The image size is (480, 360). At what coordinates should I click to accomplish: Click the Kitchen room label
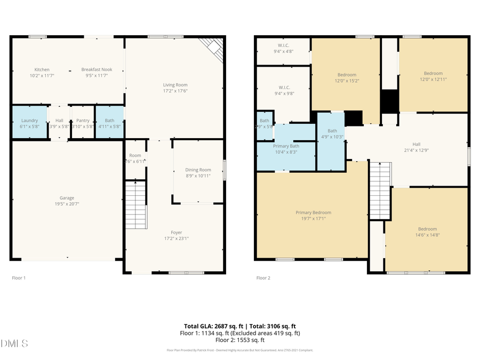click(42, 70)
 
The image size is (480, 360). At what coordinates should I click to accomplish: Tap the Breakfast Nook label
click(97, 70)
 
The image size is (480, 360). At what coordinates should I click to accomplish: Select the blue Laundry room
click(29, 123)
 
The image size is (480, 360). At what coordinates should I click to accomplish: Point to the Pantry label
click(83, 121)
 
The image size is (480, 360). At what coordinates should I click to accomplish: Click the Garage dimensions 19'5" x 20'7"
click(67, 204)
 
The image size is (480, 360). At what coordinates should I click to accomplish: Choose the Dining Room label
click(198, 170)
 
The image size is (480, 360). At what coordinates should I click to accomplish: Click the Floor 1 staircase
click(135, 205)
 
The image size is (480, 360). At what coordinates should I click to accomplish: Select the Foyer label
click(176, 233)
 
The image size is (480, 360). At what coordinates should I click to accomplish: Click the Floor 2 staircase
click(380, 190)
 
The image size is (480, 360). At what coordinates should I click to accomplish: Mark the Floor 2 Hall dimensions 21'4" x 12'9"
click(416, 150)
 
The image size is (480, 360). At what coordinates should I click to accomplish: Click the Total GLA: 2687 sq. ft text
click(210, 326)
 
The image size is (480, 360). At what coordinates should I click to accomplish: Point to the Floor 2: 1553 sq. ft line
click(239, 340)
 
